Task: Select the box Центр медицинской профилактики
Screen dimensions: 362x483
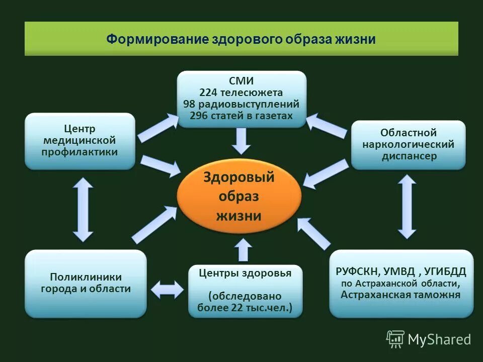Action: click(80, 141)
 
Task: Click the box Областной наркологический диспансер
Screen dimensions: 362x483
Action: click(408, 144)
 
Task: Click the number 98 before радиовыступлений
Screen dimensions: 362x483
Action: click(189, 104)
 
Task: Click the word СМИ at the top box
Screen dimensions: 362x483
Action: click(241, 81)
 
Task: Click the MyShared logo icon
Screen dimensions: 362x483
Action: click(395, 339)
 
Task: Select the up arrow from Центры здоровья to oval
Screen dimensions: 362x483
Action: click(244, 250)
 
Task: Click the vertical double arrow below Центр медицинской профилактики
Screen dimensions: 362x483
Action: click(83, 210)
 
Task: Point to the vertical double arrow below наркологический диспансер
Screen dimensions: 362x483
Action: click(407, 207)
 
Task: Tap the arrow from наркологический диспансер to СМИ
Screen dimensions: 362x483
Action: click(327, 125)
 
